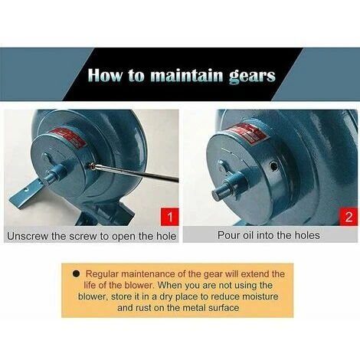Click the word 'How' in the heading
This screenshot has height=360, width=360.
tap(105, 75)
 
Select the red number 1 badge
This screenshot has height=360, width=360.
tap(170, 217)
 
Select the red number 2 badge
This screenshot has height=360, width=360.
tap(349, 217)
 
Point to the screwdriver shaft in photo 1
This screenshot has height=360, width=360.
tap(136, 173)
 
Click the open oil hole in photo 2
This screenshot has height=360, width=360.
tap(273, 167)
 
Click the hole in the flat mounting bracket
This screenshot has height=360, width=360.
tap(26, 190)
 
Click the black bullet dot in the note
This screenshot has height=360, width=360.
tap(75, 274)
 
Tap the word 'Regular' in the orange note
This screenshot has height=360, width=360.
tap(102, 274)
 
